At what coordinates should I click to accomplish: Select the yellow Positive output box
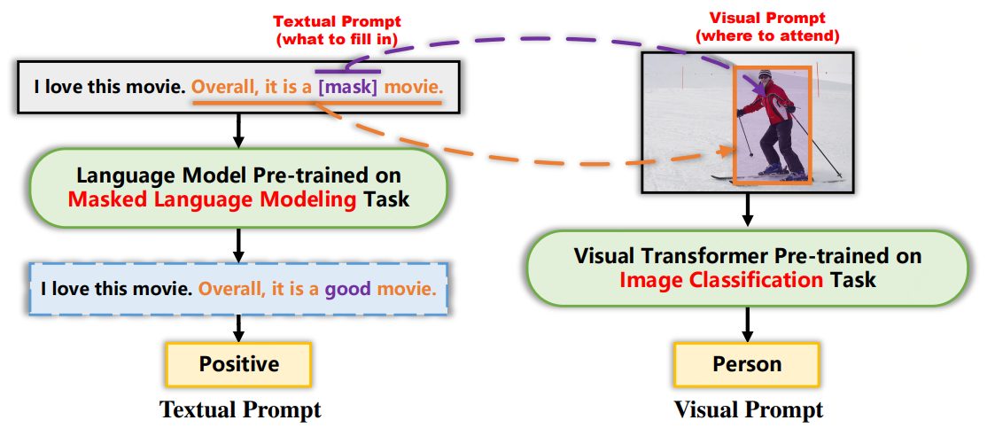[238, 363]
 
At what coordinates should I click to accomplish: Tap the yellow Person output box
[747, 364]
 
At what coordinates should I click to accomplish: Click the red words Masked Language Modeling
[212, 198]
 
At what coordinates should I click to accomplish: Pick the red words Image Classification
[720, 280]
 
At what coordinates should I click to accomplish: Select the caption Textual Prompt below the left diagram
[239, 409]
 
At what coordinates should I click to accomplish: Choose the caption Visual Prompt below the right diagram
[748, 409]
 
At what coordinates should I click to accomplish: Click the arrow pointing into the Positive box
[238, 330]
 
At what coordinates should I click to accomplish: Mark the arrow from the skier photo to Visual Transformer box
[747, 211]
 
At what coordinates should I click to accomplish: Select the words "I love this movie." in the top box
[110, 88]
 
